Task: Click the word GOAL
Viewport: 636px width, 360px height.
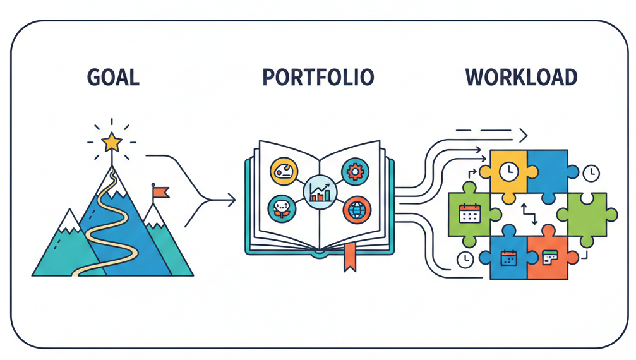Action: [113, 77]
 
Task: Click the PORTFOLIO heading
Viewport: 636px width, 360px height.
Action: [318, 77]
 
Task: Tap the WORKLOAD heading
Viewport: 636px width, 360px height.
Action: [522, 77]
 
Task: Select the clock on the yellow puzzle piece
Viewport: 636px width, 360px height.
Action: [508, 170]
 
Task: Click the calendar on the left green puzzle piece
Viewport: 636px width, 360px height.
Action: [469, 213]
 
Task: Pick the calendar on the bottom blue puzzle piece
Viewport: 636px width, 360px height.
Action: [508, 257]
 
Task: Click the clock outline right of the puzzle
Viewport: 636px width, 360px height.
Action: [591, 172]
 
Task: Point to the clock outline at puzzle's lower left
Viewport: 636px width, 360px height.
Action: [465, 260]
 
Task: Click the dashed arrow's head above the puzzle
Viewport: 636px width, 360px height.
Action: [524, 134]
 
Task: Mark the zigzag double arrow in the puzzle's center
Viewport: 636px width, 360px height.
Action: [528, 213]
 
